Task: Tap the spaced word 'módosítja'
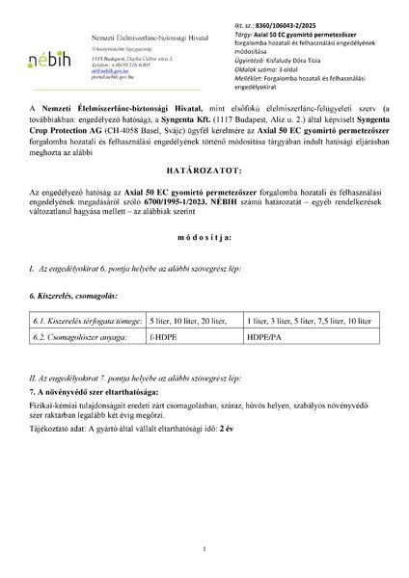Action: (204, 263)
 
